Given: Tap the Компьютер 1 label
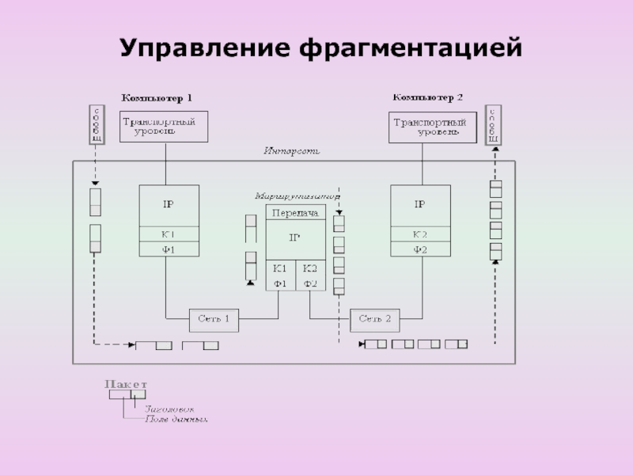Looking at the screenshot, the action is coord(157,98).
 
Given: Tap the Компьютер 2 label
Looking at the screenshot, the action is coord(427,97).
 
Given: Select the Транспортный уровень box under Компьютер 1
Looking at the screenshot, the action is coord(164,127).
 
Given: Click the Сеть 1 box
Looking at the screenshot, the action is coord(214,319).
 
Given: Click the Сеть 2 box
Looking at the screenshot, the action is coord(375,319).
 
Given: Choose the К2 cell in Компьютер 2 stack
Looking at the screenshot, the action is coord(420,235).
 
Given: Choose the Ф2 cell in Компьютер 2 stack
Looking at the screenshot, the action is coord(420,249).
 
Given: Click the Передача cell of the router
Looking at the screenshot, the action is coord(295,214).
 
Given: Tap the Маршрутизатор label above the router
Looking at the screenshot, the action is coord(298,196).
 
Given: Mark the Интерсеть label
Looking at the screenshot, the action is coord(291,150).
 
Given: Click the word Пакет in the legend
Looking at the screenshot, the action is coord(126,384).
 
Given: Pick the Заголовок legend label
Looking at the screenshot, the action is coord(169,408).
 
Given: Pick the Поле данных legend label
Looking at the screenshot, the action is coord(176,419).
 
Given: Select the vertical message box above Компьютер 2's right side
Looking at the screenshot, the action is coord(493,126).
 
